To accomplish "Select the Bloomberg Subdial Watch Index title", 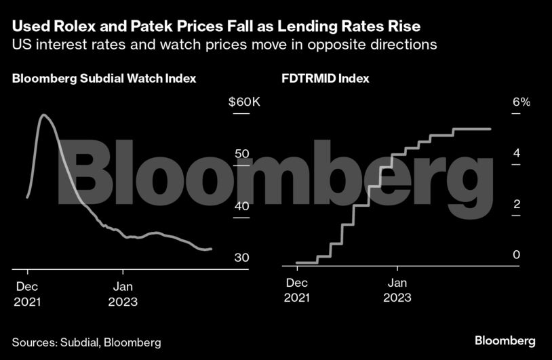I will pos(104,79).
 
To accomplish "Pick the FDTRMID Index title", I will pos(326,79).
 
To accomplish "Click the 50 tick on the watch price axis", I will pos(242,154).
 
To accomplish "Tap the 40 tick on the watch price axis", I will pos(242,205).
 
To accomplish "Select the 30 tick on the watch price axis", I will pos(242,258).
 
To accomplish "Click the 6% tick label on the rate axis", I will pos(520,102).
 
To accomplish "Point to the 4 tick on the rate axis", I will pos(516,153).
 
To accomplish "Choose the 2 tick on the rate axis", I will pos(516,204).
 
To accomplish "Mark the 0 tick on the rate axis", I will pos(516,255).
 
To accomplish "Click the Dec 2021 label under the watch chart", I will pos(27,293).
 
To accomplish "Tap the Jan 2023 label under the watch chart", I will pos(123,293).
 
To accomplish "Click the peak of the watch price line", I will pos(44,115).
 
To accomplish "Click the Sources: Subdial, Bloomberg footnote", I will pos(86,342).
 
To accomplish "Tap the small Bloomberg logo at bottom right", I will pos(505,340).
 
